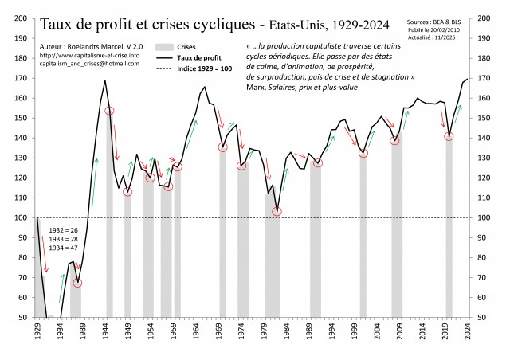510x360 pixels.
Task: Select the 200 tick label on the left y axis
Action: [22, 18]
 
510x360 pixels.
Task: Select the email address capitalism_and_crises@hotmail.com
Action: [88, 64]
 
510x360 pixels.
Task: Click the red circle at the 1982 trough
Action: [277, 212]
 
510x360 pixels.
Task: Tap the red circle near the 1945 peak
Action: [110, 111]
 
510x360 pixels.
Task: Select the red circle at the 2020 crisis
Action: [449, 136]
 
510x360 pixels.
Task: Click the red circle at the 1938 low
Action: [78, 283]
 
